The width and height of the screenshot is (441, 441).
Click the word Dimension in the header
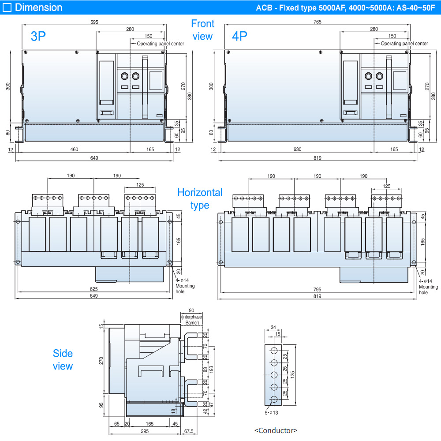tap(38, 7)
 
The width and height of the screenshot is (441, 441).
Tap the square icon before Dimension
tap(7, 7)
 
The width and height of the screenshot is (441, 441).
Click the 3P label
tap(38, 36)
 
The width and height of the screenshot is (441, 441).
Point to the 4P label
tap(239, 36)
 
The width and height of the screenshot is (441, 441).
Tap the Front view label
tap(202, 30)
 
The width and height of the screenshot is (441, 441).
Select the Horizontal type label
tap(200, 199)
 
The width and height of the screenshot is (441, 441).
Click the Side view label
tap(63, 359)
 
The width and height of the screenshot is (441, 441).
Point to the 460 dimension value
tap(74, 149)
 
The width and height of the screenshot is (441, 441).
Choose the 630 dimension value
tap(297, 149)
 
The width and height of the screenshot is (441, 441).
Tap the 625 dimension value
tap(93, 289)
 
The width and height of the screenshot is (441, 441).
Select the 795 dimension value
tap(317, 289)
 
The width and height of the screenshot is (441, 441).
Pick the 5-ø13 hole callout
tap(271, 413)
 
